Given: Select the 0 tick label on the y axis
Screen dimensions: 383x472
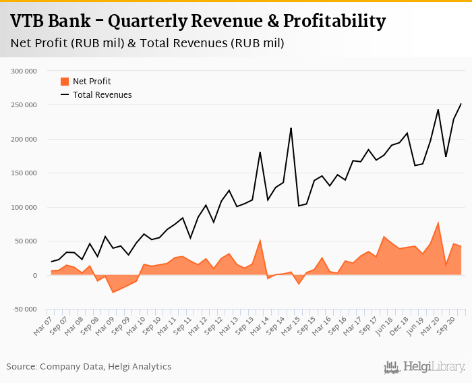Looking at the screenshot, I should pyautogui.click(x=34, y=275).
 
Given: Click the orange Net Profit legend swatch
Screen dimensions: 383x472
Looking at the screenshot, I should pyautogui.click(x=65, y=82).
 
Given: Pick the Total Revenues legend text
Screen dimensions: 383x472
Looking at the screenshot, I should pyautogui.click(x=102, y=95).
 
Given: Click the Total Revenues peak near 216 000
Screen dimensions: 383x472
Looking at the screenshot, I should pyautogui.click(x=291, y=128).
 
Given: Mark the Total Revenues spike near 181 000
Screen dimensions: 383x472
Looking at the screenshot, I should pyautogui.click(x=260, y=152).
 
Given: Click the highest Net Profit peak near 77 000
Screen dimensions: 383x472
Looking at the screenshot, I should pyautogui.click(x=438, y=223).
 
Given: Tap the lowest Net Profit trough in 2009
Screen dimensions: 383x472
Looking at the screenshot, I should pyautogui.click(x=113, y=293).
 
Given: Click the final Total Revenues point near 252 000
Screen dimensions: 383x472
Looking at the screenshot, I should pyautogui.click(x=461, y=103).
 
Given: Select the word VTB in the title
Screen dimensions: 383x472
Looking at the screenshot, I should pyautogui.click(x=28, y=21).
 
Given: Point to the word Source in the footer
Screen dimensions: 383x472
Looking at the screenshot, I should pyautogui.click(x=21, y=367).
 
